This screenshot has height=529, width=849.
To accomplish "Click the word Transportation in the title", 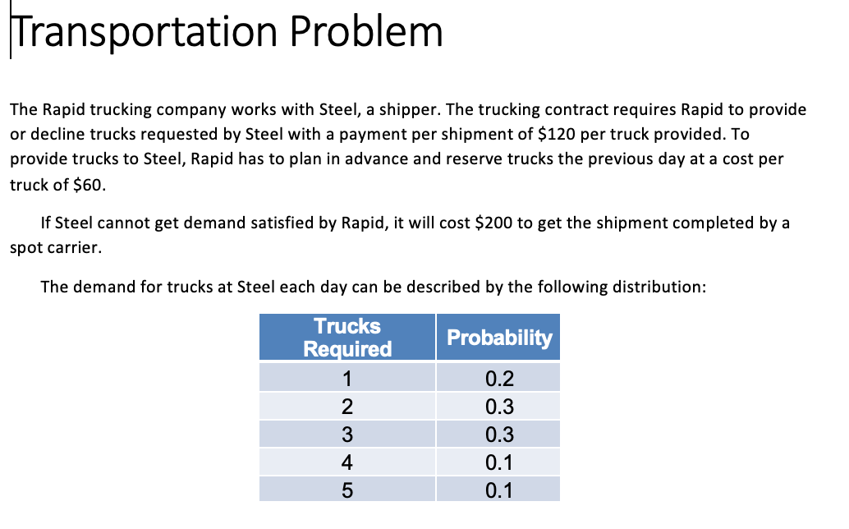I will click(143, 32).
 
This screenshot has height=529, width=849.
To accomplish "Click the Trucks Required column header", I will click(347, 338).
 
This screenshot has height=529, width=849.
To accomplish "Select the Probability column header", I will click(499, 338).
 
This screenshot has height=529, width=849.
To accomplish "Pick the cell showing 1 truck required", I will click(347, 379).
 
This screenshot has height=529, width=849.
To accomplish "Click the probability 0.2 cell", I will click(499, 379).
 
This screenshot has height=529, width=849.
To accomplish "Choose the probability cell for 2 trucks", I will click(499, 407).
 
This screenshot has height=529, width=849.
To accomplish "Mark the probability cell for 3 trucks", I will click(499, 435).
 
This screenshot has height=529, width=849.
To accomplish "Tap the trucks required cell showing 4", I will click(347, 462).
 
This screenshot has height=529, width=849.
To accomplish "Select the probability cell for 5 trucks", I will click(499, 490).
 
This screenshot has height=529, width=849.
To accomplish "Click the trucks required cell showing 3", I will click(347, 435).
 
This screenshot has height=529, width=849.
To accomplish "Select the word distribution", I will click(663, 287).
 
